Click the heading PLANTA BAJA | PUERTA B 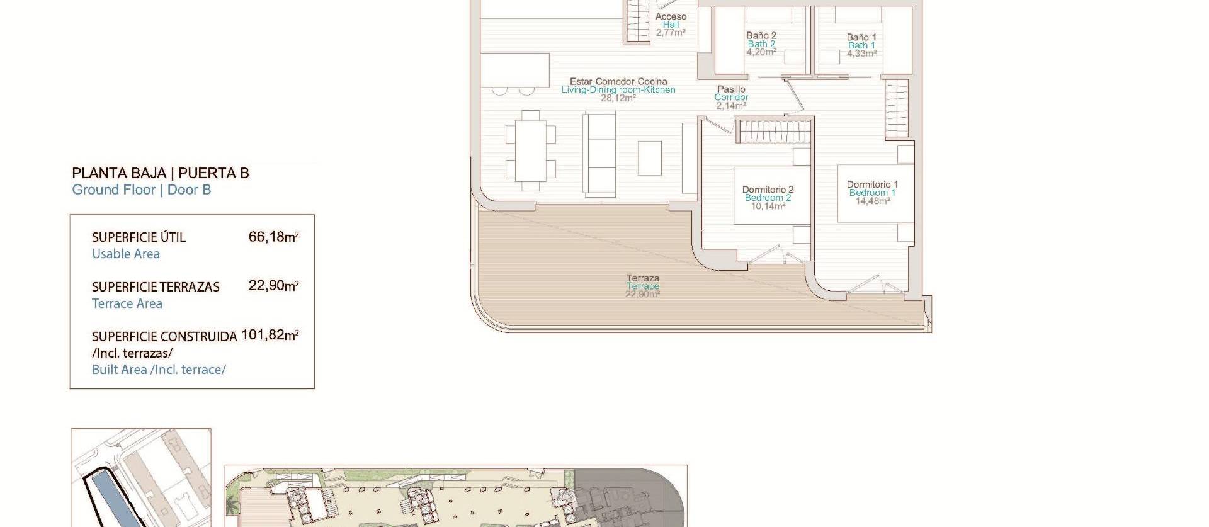(x=161, y=173)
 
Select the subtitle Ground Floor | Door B (x=141, y=190)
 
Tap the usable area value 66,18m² (x=273, y=237)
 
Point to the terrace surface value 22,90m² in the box (x=273, y=286)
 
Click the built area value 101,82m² (x=270, y=335)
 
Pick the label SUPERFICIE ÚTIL (x=139, y=237)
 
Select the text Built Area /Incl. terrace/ (x=159, y=370)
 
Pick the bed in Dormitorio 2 (x=772, y=195)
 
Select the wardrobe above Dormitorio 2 (x=774, y=132)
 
